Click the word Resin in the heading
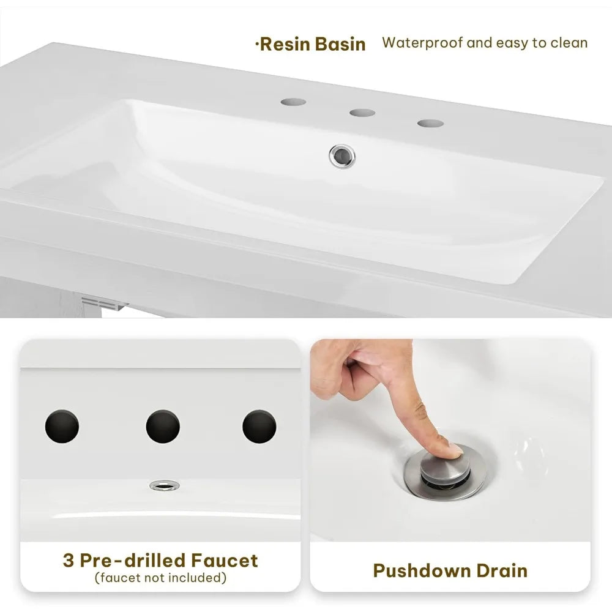285,44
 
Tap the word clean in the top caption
569,43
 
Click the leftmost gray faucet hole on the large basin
293,102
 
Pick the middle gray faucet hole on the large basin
362,113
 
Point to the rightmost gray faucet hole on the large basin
430,124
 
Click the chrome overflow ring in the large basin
342,156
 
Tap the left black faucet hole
62,426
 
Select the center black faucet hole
163,426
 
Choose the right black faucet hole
259,426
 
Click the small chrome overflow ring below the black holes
165,485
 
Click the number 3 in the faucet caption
69,561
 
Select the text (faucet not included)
160,578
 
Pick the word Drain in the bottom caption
500,570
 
